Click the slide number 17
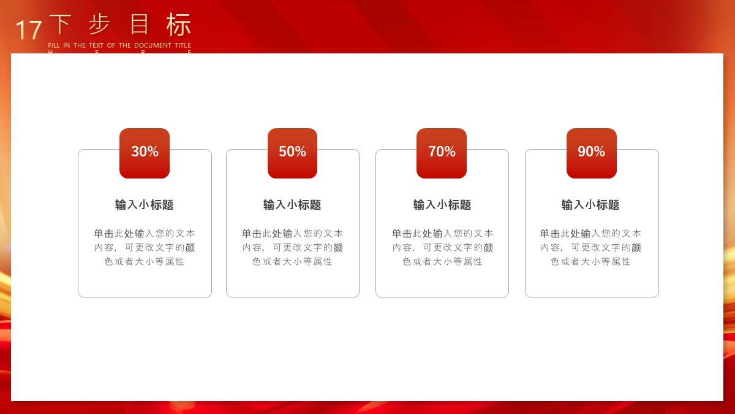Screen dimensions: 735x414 (x=29, y=30)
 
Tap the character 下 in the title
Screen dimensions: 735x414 (x=60, y=24)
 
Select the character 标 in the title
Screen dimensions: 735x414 (x=178, y=25)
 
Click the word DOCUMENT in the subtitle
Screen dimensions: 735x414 (x=153, y=45)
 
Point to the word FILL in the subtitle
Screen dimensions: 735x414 (x=54, y=45)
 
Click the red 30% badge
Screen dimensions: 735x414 (x=145, y=153)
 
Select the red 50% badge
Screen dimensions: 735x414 (x=292, y=153)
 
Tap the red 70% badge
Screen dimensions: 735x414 (x=442, y=153)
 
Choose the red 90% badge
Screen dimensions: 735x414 (x=591, y=153)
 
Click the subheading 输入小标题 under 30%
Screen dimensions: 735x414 (x=144, y=205)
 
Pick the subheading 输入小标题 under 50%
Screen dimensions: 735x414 (x=292, y=205)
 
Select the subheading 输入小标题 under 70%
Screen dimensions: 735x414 (x=442, y=205)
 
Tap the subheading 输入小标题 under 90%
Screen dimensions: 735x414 (x=590, y=205)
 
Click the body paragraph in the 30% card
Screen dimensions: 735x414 (x=145, y=247)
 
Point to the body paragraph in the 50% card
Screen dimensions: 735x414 (x=292, y=247)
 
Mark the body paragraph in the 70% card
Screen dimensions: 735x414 (x=442, y=247)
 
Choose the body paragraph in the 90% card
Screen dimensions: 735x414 (x=590, y=247)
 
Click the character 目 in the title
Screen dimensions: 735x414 (x=139, y=24)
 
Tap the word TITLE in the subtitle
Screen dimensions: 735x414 (x=183, y=45)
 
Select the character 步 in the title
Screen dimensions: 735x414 (x=99, y=25)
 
